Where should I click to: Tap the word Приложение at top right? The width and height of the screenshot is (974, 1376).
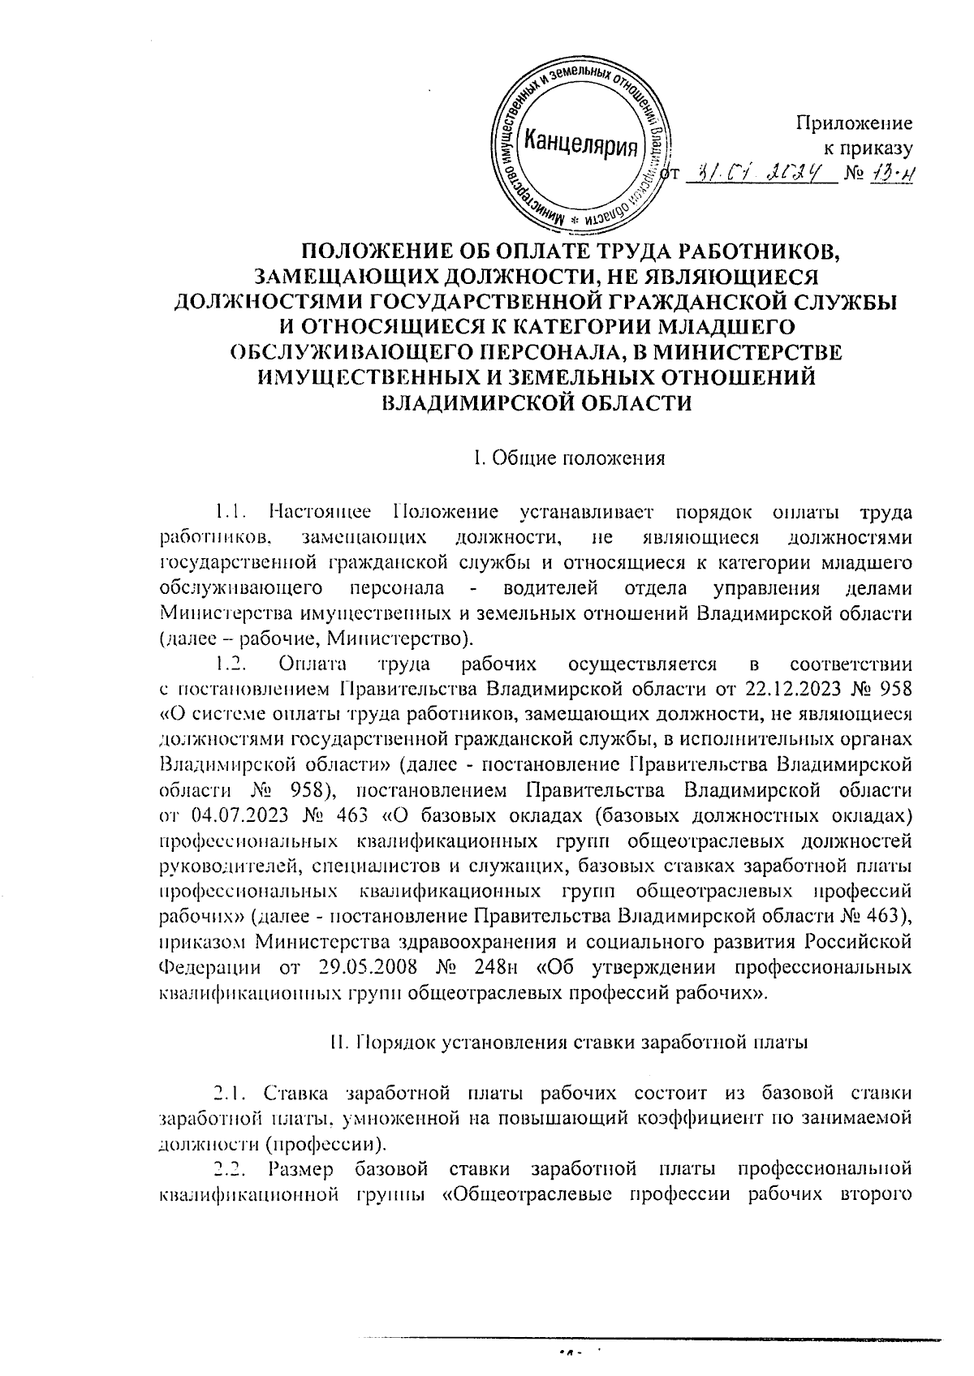[854, 123]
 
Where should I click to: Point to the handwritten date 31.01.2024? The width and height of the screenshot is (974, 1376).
[760, 174]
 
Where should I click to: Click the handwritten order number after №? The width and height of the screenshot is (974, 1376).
[895, 174]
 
